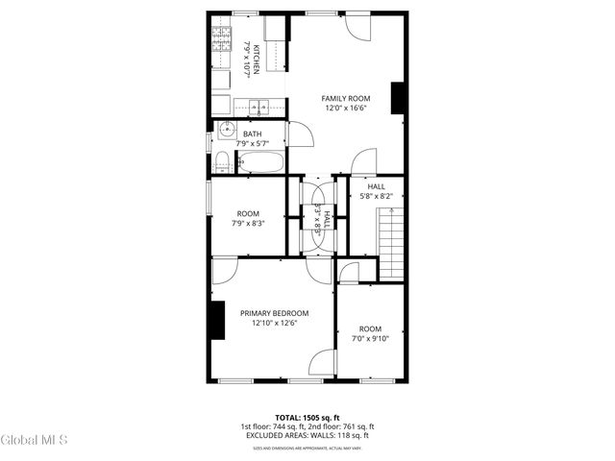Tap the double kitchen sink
tap(258, 106)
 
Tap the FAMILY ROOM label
tap(345, 98)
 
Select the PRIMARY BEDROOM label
tap(275, 313)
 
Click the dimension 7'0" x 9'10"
tap(370, 338)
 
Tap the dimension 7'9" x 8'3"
tap(248, 223)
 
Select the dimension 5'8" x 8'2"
tap(376, 196)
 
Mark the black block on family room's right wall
tap(396, 99)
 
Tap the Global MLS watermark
tap(35, 441)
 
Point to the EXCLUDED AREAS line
tap(307, 435)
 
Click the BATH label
tap(252, 134)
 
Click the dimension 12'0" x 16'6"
tap(345, 109)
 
